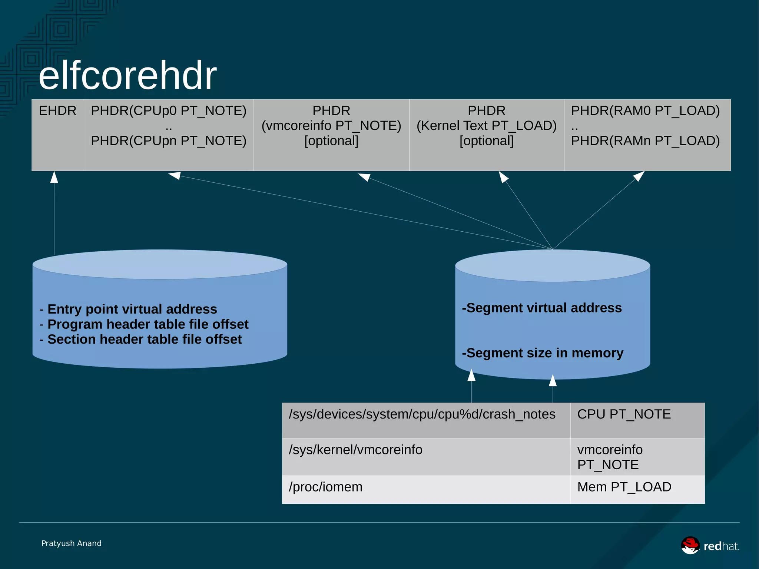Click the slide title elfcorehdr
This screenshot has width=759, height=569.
(127, 76)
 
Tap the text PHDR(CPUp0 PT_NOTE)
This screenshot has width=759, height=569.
(169, 111)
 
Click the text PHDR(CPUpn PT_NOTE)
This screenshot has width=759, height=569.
(169, 141)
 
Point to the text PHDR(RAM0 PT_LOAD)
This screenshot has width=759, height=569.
(645, 111)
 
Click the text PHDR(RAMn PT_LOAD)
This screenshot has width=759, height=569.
(645, 141)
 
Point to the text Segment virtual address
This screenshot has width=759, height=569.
(542, 308)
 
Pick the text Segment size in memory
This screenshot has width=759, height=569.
(543, 353)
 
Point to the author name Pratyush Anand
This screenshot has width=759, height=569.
(72, 543)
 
